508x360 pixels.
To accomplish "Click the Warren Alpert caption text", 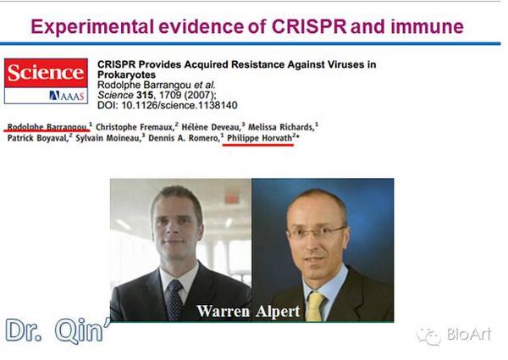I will coord(248,311).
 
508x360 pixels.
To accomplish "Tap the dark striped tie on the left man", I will coord(175,298).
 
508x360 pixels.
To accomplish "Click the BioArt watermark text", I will coord(470,336).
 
